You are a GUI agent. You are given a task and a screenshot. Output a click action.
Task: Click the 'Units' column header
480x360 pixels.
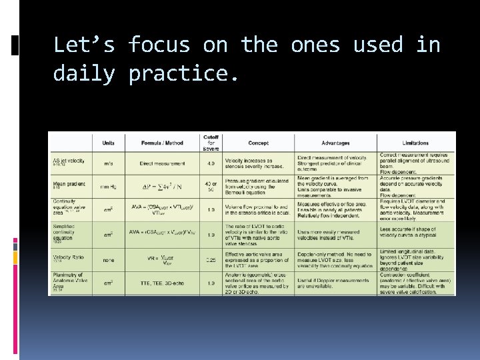(108, 143)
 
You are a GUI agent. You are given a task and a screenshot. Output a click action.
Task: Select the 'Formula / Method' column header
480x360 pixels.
(162, 143)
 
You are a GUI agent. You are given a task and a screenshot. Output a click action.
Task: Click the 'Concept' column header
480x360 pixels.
(258, 143)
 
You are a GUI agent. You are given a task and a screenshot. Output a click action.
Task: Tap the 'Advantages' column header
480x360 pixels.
(335, 143)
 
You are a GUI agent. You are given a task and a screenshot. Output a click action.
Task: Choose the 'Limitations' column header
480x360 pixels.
(416, 143)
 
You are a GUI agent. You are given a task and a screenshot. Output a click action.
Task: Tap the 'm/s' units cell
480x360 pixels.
(108, 163)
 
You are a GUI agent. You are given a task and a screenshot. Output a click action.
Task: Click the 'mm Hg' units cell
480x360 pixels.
(108, 187)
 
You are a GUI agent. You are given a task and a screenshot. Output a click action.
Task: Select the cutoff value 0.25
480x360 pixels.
(211, 259)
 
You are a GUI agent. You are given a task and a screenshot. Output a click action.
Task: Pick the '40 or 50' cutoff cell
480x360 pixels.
(211, 187)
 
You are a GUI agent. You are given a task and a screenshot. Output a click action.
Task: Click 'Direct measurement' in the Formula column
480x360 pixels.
(162, 163)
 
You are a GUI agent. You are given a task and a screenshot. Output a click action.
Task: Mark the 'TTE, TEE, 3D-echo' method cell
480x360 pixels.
(162, 283)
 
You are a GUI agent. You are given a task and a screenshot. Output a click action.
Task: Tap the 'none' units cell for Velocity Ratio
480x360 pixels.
(108, 259)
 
